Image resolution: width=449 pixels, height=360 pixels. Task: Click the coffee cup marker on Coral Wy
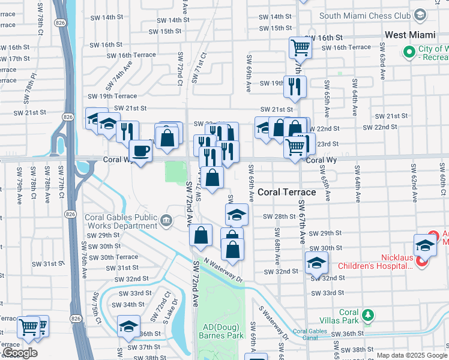pos(140,151)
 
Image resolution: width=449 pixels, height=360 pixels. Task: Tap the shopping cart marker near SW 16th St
pos(300,47)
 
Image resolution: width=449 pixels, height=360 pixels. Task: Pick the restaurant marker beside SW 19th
pos(295,86)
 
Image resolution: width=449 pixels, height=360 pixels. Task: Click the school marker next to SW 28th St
pos(237,214)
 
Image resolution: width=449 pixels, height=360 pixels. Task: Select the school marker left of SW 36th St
pos(128,326)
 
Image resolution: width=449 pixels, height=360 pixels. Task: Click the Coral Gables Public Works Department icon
pos(166,221)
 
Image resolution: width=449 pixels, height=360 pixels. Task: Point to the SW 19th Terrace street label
pos(112,96)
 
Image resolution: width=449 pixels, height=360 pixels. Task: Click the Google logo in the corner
pos(20,353)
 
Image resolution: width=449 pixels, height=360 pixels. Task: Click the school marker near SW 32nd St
pos(316,262)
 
